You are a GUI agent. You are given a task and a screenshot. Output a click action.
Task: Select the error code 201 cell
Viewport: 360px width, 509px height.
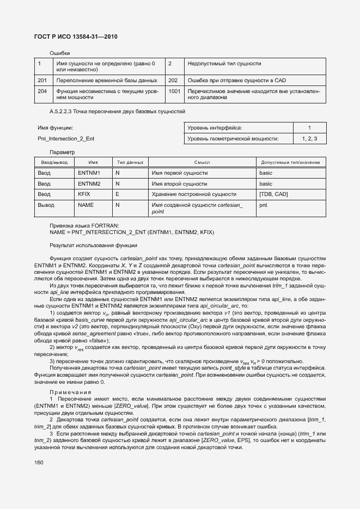click(x=42, y=81)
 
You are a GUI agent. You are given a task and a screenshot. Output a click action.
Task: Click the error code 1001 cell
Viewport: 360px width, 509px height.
click(x=174, y=91)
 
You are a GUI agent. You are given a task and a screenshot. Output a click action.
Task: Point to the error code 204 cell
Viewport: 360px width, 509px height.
click(x=42, y=91)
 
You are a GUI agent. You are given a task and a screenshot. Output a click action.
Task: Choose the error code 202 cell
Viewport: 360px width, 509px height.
click(x=173, y=81)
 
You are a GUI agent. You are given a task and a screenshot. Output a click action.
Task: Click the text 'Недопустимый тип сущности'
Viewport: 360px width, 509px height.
click(x=224, y=64)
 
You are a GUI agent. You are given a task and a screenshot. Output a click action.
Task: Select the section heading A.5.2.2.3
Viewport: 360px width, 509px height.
click(x=117, y=112)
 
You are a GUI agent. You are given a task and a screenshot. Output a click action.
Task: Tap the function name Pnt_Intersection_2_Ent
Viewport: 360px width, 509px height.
click(x=66, y=139)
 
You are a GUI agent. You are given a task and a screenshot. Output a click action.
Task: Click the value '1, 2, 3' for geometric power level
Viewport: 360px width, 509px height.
click(x=309, y=139)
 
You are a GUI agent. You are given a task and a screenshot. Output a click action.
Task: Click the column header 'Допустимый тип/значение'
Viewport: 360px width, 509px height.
click(x=290, y=162)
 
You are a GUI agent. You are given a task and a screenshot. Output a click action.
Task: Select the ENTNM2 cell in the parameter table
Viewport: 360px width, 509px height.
click(x=89, y=183)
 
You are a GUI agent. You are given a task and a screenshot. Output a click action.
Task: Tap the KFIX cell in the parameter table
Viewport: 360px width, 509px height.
click(x=84, y=194)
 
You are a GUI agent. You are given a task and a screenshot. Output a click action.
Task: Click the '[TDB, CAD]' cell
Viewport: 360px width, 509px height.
click(x=273, y=194)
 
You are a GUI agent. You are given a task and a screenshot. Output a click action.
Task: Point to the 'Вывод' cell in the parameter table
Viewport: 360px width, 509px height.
click(x=46, y=205)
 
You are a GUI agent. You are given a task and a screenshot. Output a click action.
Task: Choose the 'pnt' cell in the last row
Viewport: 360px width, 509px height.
click(x=263, y=205)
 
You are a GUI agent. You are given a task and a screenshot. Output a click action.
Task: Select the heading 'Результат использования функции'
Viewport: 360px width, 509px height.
click(x=93, y=245)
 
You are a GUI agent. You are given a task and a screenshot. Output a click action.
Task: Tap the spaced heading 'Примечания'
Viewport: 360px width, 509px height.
click(x=70, y=392)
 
